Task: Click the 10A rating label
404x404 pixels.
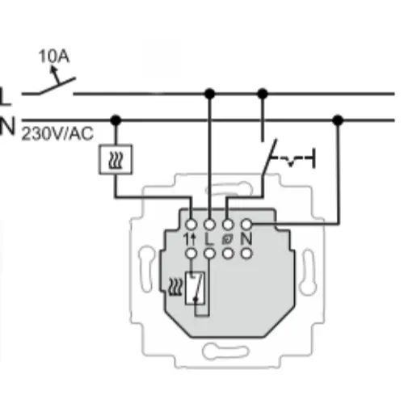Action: pos(53,57)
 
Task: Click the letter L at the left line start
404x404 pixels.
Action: pos(6,96)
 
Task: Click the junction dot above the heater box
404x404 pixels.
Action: pos(116,120)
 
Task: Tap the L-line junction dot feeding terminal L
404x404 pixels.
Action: pos(209,95)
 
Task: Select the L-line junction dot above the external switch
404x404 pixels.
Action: pos(262,95)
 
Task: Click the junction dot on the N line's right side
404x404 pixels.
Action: pos(338,120)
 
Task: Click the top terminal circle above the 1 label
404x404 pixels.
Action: pos(191,222)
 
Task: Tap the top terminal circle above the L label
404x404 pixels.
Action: pos(210,222)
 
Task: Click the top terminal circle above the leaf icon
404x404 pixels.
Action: pos(229,222)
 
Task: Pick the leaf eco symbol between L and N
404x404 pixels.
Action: pos(229,238)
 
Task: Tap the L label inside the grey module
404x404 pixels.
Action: pos(210,238)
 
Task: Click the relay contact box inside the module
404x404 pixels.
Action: pos(195,288)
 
